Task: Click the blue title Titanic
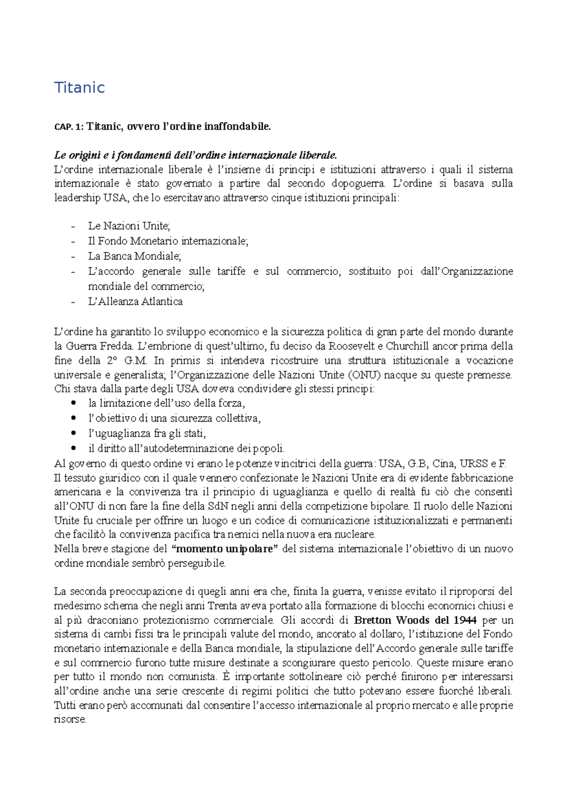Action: (x=79, y=87)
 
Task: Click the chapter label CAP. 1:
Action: (x=69, y=127)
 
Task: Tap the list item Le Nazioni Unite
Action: (x=129, y=226)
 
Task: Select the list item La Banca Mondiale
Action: (x=134, y=256)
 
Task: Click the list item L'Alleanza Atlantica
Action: (x=135, y=302)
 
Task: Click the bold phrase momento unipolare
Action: (x=224, y=549)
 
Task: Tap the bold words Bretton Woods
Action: (x=392, y=620)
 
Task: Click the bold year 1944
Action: (x=464, y=620)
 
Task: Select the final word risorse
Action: (x=69, y=720)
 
